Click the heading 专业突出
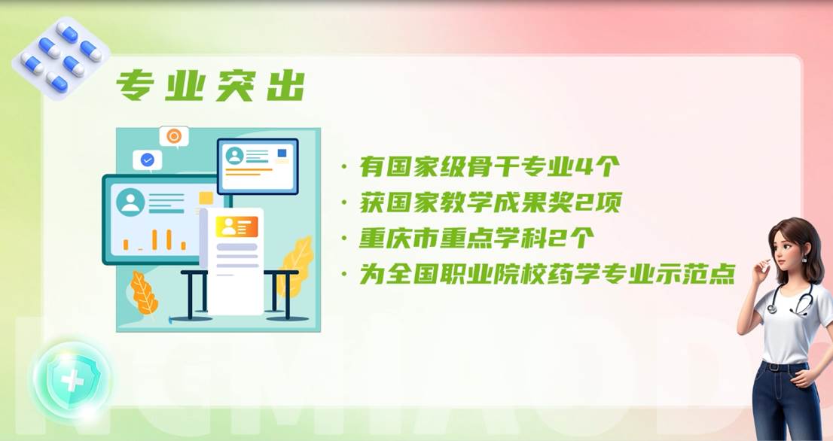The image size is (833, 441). (210, 85)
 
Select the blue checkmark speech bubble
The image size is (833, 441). (147, 160)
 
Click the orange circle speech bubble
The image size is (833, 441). (174, 137)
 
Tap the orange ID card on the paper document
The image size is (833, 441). (236, 227)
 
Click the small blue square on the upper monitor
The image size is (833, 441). (282, 154)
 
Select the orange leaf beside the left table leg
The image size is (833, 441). (143, 293)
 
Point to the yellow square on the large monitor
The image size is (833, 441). (206, 199)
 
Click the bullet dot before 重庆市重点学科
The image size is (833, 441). (345, 239)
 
